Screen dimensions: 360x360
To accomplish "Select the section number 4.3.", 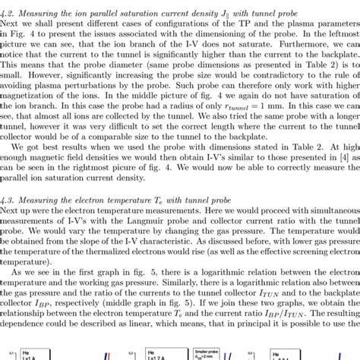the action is click(x=8, y=197).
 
